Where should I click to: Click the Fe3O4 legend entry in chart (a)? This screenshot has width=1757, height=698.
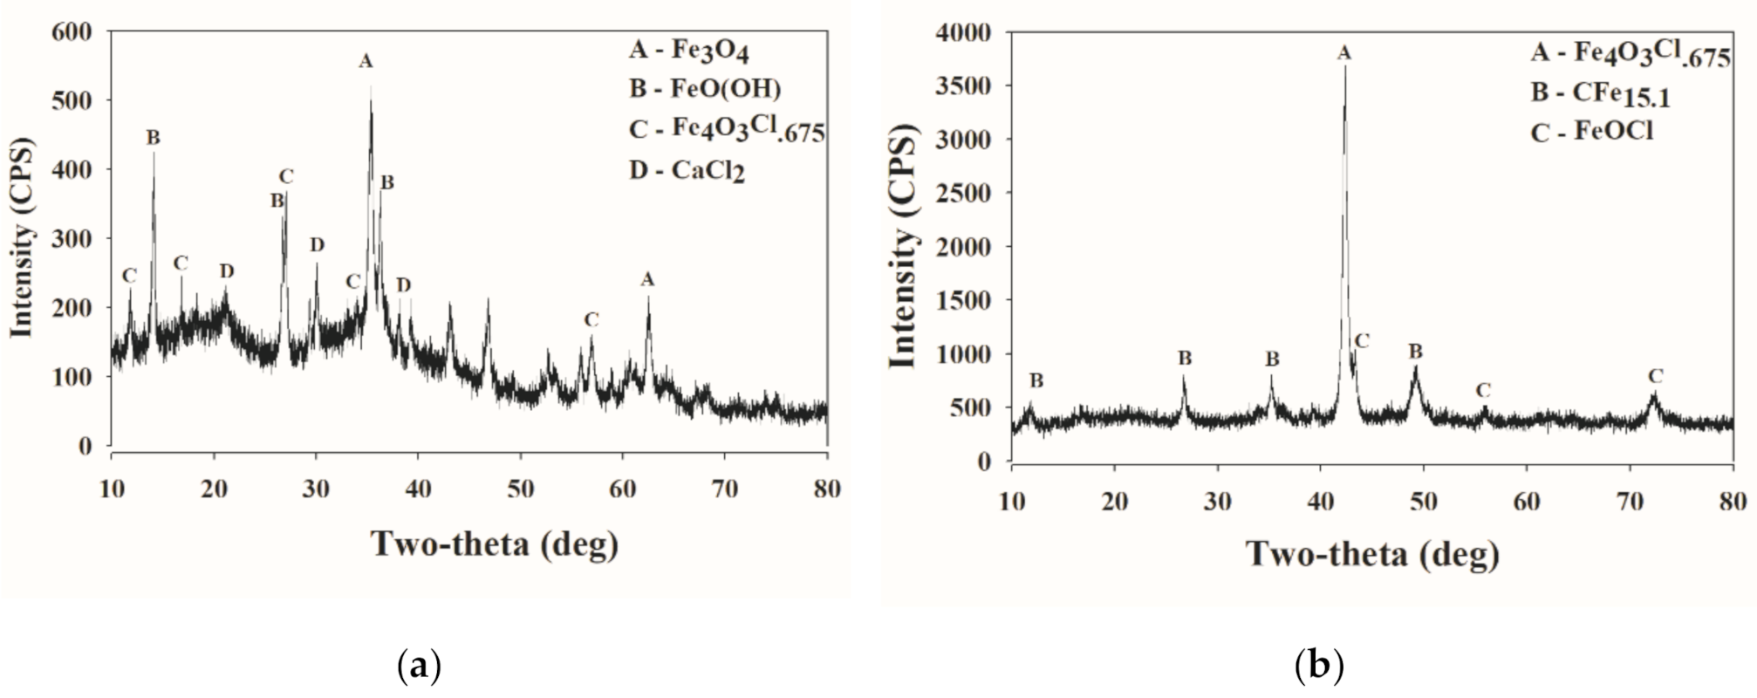688,51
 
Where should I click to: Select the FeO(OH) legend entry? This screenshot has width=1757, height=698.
705,89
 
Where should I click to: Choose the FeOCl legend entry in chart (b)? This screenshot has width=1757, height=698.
1592,133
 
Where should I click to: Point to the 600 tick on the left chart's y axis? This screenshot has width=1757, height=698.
72,32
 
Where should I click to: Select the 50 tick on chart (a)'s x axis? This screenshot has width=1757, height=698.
521,489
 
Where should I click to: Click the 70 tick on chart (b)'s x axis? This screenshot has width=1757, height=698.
1629,502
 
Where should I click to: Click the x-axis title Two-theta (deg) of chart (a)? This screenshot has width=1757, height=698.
495,544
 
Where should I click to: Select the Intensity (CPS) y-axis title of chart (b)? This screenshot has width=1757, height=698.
906,249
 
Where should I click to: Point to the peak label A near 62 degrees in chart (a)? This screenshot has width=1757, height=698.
646,279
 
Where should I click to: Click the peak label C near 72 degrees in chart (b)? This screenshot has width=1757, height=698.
1655,377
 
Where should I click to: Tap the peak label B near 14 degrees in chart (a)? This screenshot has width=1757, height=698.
153,138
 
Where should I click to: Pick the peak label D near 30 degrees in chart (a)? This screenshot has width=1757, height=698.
317,245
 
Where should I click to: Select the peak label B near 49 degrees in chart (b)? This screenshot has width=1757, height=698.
1416,352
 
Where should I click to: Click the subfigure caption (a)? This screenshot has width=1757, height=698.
419,667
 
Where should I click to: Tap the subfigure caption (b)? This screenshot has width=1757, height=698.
1318,667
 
